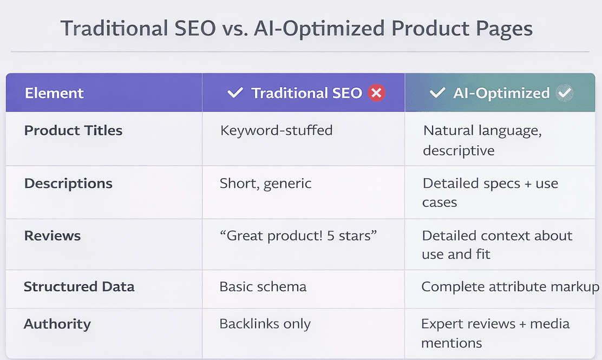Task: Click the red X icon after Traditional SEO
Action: (x=376, y=93)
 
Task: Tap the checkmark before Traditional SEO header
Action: (x=235, y=93)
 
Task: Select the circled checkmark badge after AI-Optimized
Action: (x=565, y=93)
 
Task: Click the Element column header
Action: (x=54, y=93)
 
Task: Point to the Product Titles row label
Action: (x=73, y=130)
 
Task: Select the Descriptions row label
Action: (x=68, y=184)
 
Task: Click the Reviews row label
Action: (x=52, y=235)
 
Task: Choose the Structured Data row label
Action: (x=79, y=286)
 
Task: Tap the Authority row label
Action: (x=57, y=324)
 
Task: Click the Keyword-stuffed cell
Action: (x=276, y=130)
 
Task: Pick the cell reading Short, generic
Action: (x=265, y=184)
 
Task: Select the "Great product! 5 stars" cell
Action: (x=298, y=235)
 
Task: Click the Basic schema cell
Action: (x=263, y=286)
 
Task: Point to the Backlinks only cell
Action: (x=265, y=324)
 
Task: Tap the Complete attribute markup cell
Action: (x=510, y=286)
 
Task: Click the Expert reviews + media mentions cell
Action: (x=495, y=333)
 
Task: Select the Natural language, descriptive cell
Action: (x=482, y=140)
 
